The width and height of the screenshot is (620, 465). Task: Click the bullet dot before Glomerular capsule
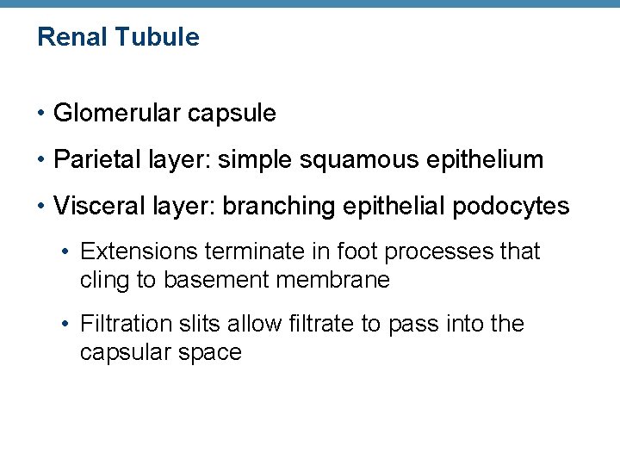coord(41,114)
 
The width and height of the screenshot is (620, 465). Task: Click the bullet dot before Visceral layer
coord(41,207)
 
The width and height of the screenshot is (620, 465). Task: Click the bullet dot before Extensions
coord(67,251)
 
